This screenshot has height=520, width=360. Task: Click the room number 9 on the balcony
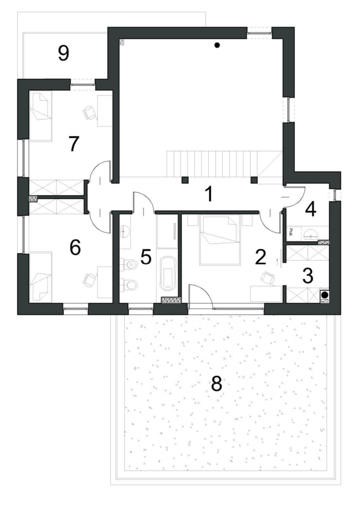(x=63, y=53)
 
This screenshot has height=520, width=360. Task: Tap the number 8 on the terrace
(x=217, y=383)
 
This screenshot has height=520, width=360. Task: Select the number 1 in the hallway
(x=209, y=194)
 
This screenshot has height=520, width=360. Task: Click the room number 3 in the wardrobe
(x=308, y=276)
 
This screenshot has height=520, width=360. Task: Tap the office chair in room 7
(x=89, y=113)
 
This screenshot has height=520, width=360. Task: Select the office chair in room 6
(x=89, y=280)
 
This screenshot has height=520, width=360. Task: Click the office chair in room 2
(x=268, y=278)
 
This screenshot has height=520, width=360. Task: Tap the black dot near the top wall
(x=217, y=45)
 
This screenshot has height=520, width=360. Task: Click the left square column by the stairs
(x=185, y=180)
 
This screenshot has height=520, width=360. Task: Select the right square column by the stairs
(x=254, y=180)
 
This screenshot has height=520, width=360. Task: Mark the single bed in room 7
(x=41, y=116)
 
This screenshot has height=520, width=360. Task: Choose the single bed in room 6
(x=41, y=277)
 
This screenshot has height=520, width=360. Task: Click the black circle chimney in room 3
(x=325, y=295)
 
